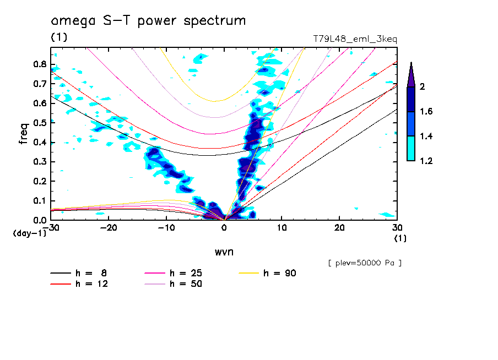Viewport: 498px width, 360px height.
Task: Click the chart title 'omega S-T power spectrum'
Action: [x=148, y=21]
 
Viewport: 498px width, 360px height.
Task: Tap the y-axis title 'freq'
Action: [x=24, y=134]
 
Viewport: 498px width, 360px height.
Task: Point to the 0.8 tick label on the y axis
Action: [x=40, y=64]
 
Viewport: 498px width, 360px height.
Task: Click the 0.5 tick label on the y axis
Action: [x=40, y=123]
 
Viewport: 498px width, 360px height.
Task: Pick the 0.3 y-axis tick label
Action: [x=40, y=162]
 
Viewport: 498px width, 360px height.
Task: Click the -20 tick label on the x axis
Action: [x=109, y=227]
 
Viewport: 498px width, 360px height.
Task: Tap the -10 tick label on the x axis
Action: [x=166, y=227]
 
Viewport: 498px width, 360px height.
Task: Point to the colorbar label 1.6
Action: [x=426, y=112]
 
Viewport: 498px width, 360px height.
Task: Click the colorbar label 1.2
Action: [x=426, y=161]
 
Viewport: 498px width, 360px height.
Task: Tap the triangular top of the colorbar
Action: [x=411, y=74]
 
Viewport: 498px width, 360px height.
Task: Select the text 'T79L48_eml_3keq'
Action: [x=355, y=39]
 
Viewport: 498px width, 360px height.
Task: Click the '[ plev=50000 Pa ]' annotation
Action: [x=365, y=263]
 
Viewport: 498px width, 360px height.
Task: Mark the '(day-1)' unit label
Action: [x=30, y=233]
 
